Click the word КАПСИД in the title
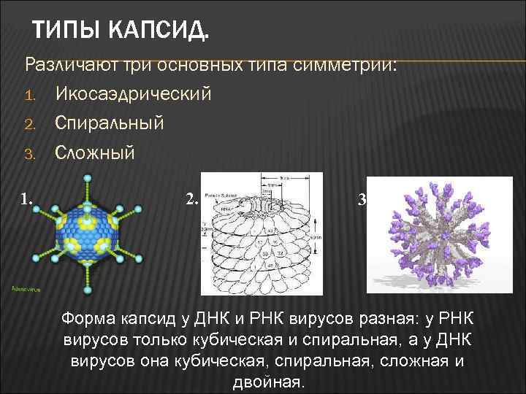tap(158, 31)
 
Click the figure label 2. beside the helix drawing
tap(191, 198)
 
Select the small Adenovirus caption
tap(26, 289)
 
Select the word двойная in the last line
tap(268, 382)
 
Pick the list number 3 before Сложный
tap(30, 152)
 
